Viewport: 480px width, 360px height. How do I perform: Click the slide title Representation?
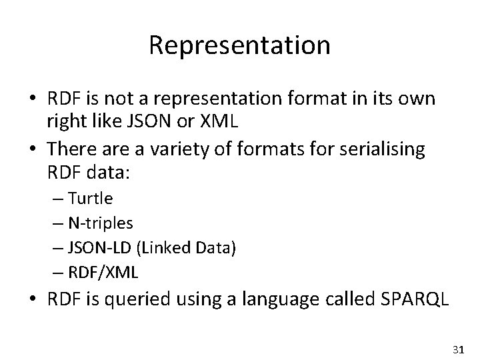(x=239, y=45)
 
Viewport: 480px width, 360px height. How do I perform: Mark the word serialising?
(x=385, y=150)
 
